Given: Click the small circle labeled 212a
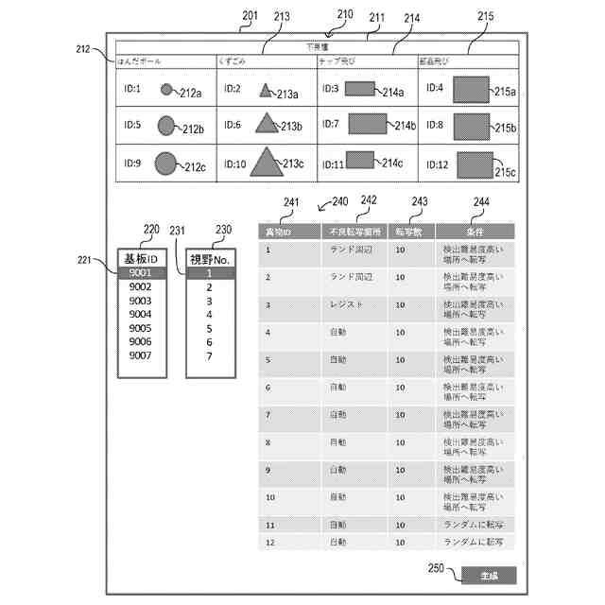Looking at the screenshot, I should click(x=166, y=90).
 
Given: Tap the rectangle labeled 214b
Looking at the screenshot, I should click(x=370, y=124).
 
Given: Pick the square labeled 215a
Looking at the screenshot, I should click(x=470, y=90).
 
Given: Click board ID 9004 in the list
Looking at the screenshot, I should click(x=141, y=314).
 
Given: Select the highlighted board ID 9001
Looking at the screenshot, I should click(x=141, y=273).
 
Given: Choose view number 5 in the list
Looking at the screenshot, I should click(x=209, y=328).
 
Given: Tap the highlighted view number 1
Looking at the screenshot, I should click(x=209, y=273).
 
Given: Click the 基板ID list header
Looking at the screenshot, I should click(x=141, y=257).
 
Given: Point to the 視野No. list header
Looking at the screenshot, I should click(x=209, y=257).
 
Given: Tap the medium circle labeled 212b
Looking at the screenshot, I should click(x=166, y=125).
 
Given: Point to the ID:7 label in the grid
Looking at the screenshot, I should click(x=330, y=124).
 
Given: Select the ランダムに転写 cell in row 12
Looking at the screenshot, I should click(x=470, y=543).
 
